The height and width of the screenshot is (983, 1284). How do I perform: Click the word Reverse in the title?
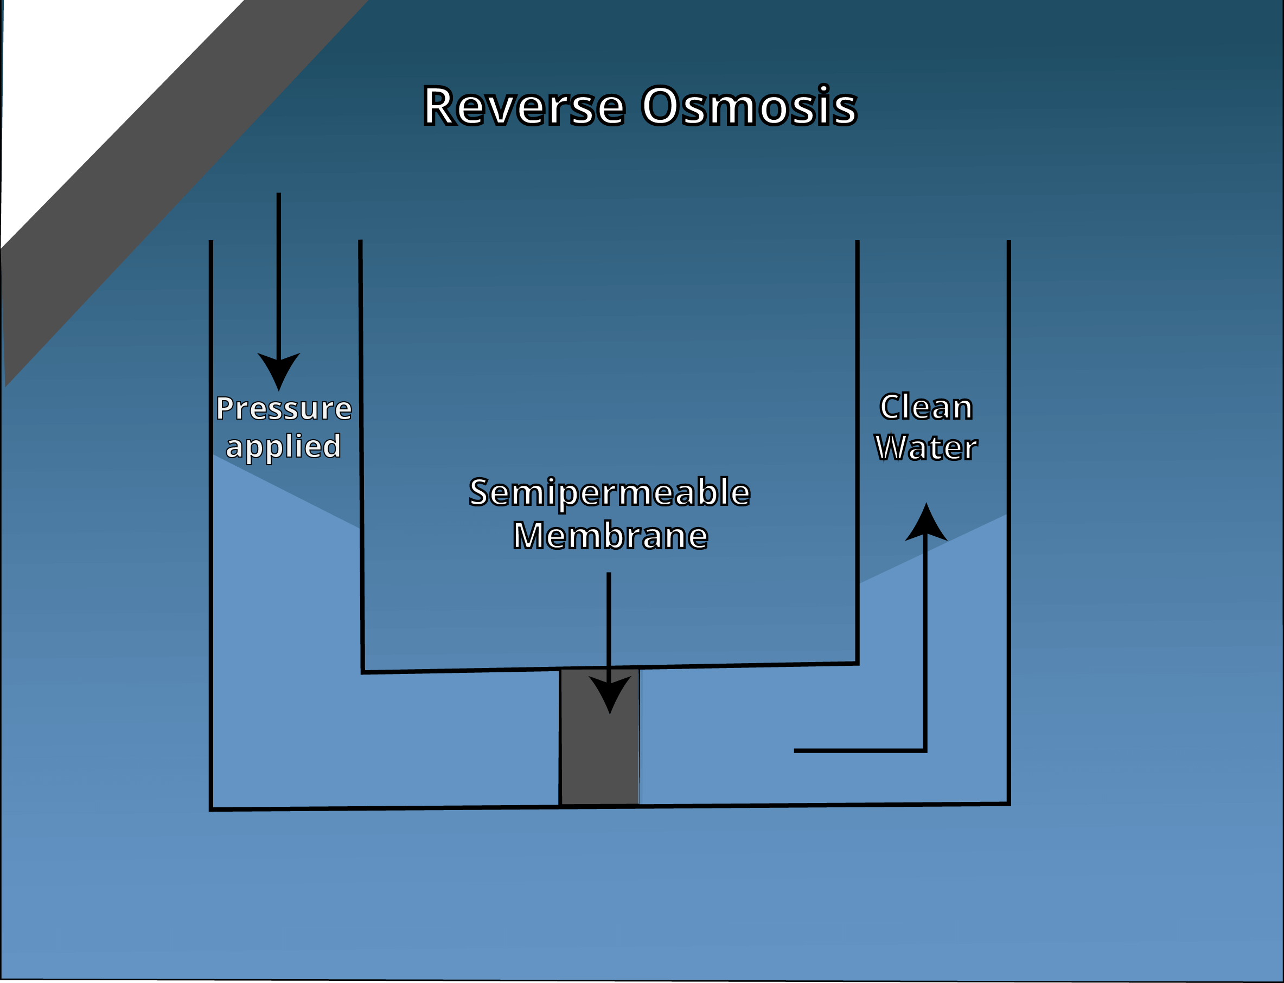(x=524, y=106)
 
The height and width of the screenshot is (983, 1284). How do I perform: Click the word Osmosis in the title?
(x=749, y=106)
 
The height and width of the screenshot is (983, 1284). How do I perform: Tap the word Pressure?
(x=284, y=408)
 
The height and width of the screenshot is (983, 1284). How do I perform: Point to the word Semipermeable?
(x=609, y=493)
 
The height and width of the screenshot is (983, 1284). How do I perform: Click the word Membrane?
(x=610, y=536)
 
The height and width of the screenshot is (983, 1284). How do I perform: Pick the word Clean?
(x=926, y=407)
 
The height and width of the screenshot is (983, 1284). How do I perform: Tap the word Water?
(x=926, y=448)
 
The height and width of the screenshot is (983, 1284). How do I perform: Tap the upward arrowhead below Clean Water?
(x=926, y=524)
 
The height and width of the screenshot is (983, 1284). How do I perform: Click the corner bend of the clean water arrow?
(x=925, y=750)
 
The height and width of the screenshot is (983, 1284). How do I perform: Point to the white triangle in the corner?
(x=88, y=88)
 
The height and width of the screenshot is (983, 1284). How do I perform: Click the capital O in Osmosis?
(x=660, y=106)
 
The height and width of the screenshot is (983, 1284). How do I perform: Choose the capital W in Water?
(x=890, y=448)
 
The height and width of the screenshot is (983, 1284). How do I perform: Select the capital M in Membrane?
(x=528, y=536)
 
